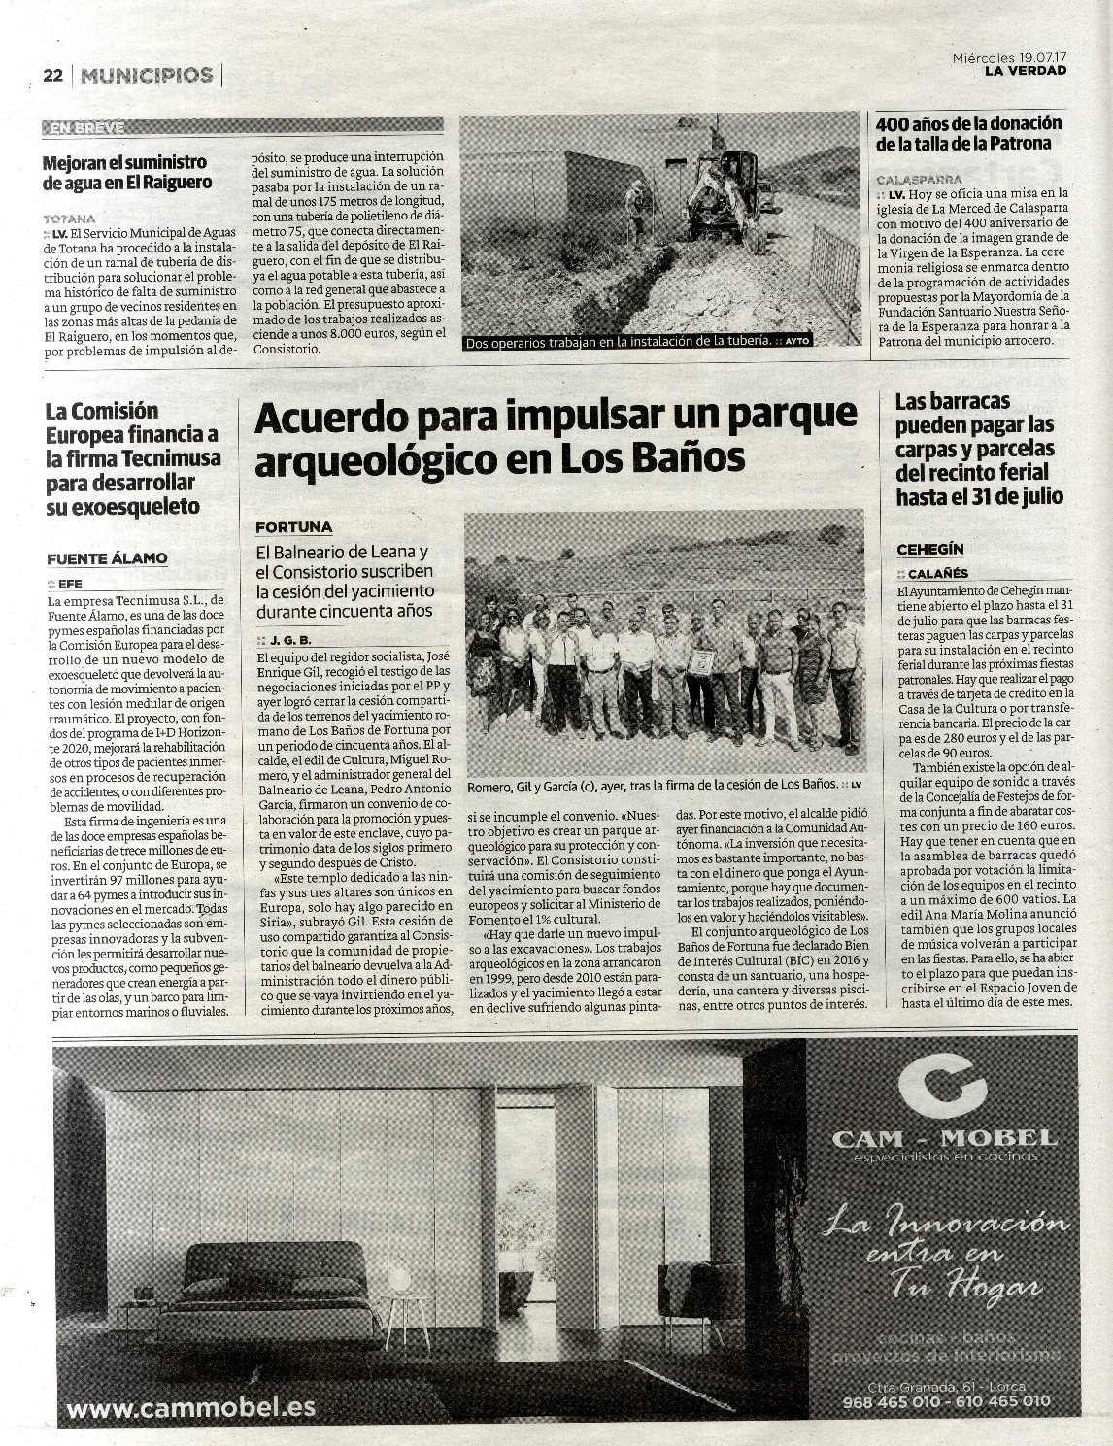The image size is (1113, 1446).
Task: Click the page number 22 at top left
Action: pos(52,75)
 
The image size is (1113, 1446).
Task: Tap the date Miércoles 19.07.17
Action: pos(1009,57)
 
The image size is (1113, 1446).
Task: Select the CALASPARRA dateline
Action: pos(919,179)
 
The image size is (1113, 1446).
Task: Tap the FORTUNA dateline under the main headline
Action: pos(293,527)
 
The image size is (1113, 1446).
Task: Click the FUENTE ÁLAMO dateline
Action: pos(107,557)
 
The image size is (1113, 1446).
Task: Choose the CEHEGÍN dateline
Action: pos(929,550)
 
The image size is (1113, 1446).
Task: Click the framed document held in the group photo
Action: pos(699,661)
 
